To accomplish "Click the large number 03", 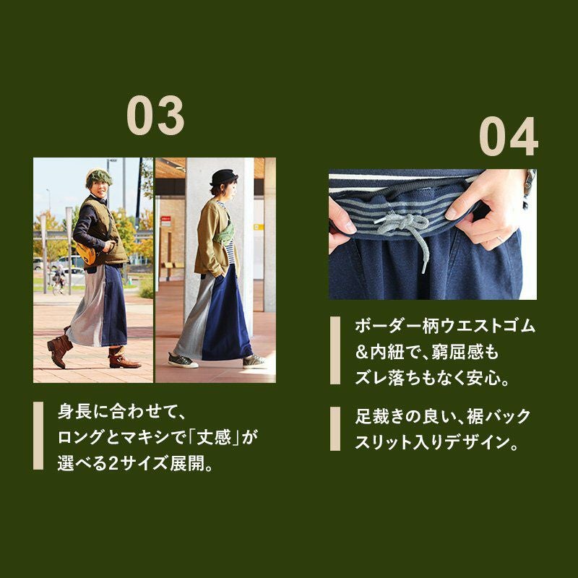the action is (155, 115).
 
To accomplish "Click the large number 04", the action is (509, 136).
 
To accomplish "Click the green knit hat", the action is (98, 176).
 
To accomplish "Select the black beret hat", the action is (224, 177).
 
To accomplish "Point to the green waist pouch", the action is (225, 233).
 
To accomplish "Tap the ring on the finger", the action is (500, 239).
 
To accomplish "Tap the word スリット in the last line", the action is (384, 442).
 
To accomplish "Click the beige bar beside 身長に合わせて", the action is (38, 436).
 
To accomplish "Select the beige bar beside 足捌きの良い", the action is (335, 428).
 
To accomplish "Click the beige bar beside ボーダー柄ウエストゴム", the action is (335, 350).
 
